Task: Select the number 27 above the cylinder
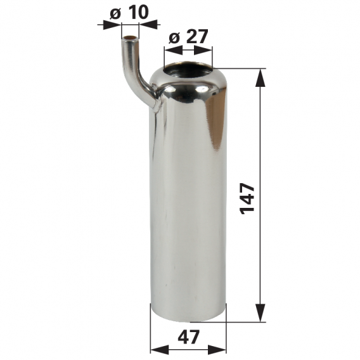coord(197,37)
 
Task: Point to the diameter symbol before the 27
coord(174,37)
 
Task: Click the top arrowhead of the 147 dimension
coord(260,77)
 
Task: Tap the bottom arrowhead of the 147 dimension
coord(260,315)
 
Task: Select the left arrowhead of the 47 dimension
coord(156,350)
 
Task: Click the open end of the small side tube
coord(130,40)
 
